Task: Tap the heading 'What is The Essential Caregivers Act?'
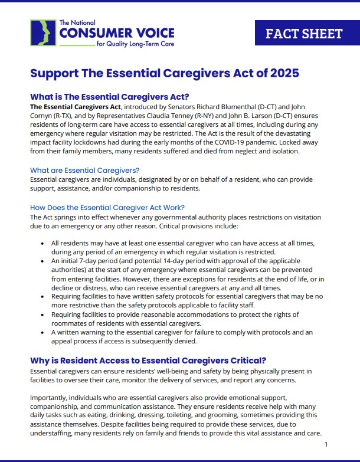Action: [113, 97]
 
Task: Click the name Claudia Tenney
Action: [187, 116]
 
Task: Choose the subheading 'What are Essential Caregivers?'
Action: [84, 169]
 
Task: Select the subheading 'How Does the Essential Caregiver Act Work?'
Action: [107, 207]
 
